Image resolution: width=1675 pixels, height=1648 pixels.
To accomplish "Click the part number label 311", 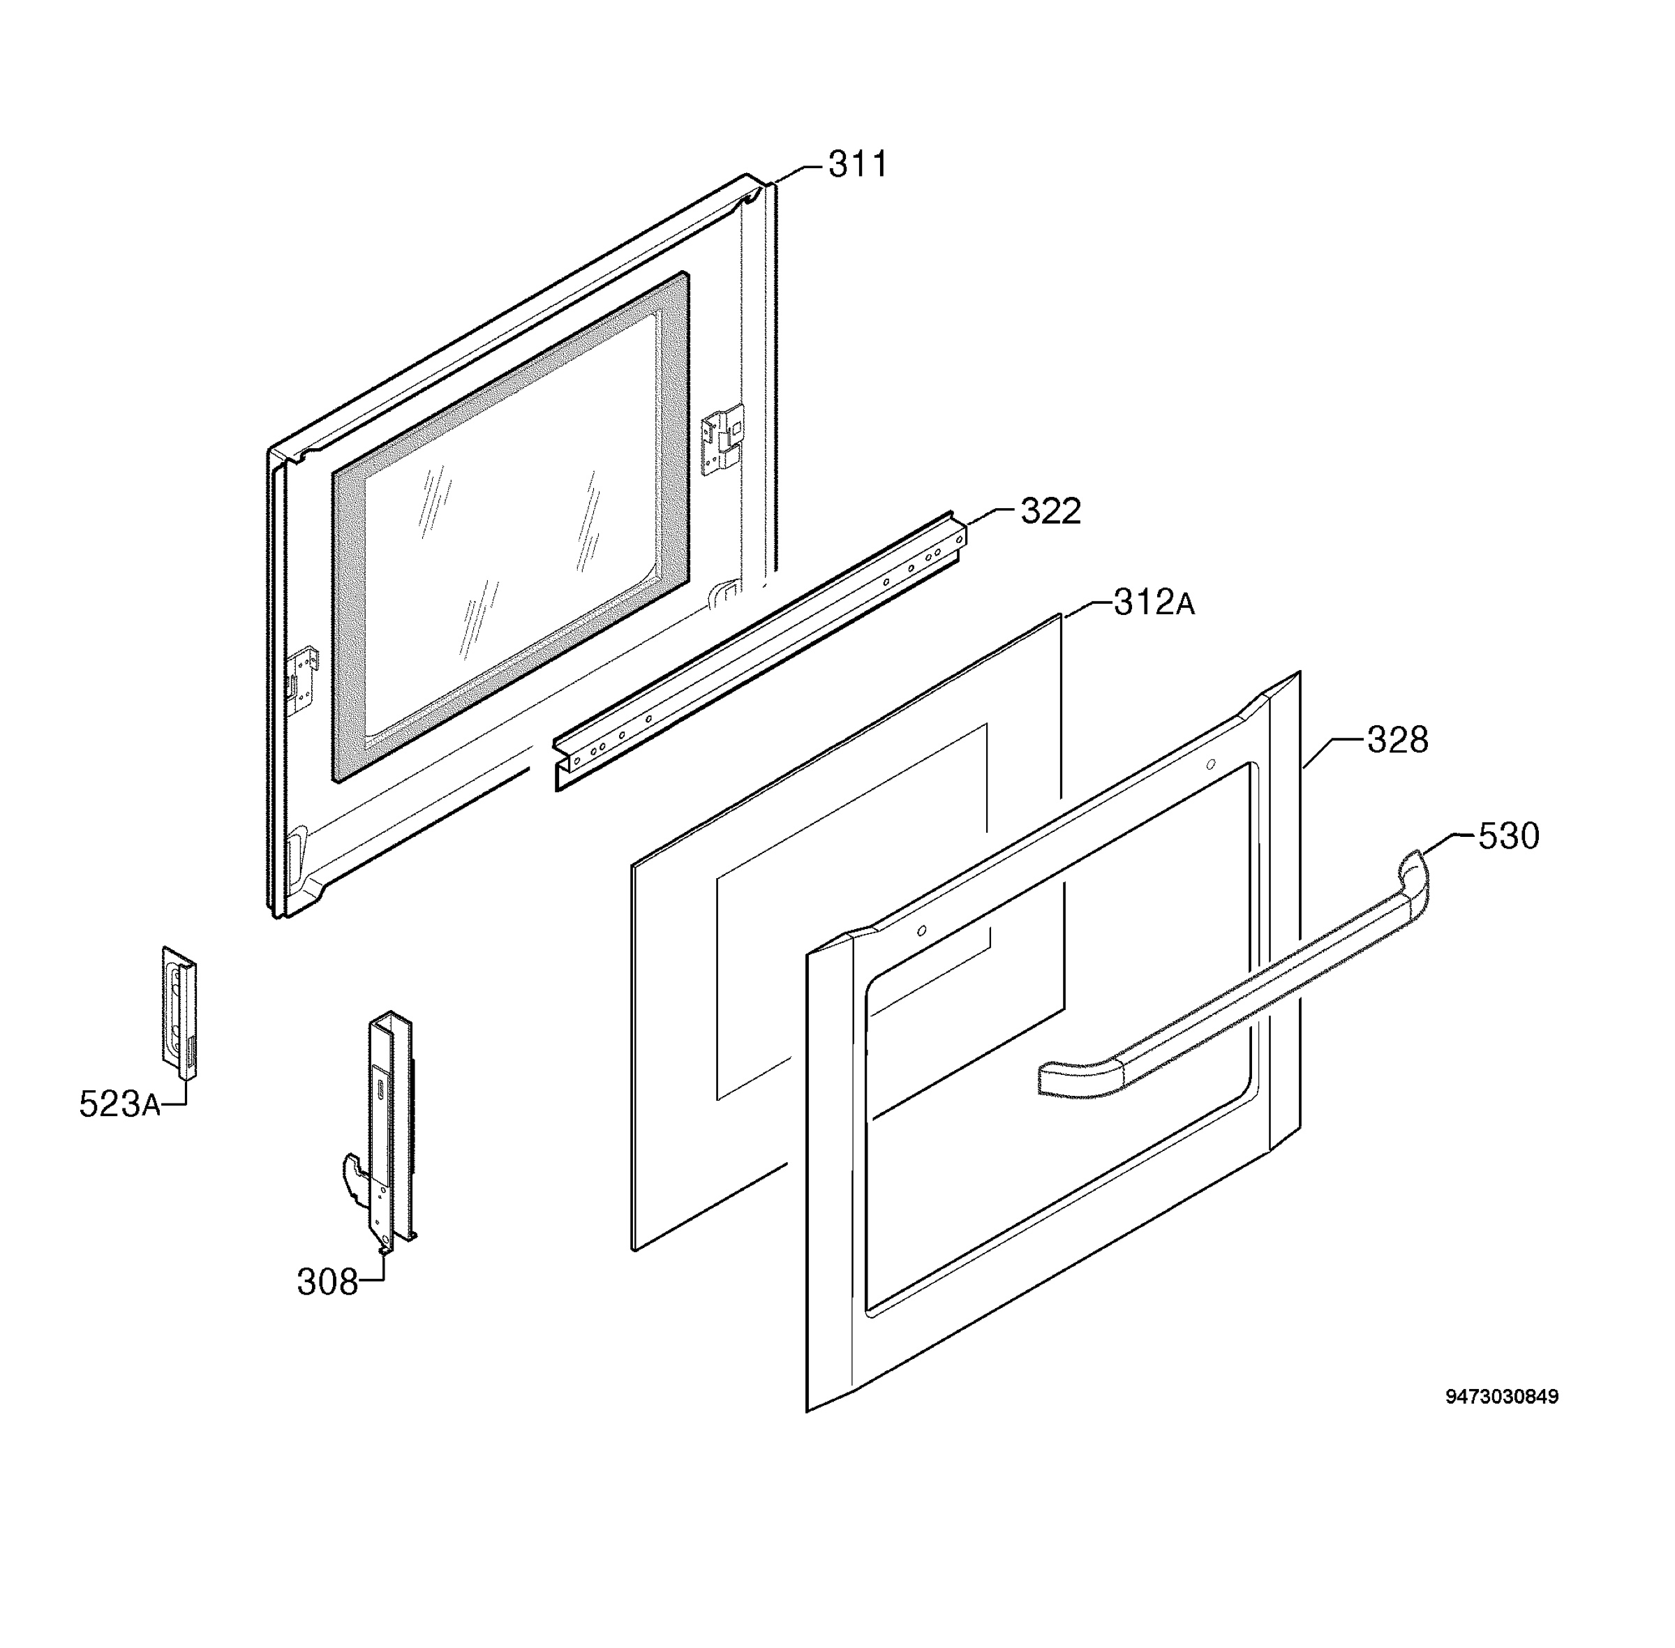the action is pyautogui.click(x=857, y=165).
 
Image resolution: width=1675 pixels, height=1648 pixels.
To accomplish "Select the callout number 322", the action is pyautogui.click(x=1050, y=512).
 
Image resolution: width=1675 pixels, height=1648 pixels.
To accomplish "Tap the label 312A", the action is pyautogui.click(x=1153, y=603).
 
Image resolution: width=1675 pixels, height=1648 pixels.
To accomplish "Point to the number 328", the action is pyautogui.click(x=1397, y=740).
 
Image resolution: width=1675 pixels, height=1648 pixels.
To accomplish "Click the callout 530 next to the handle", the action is pyautogui.click(x=1509, y=836).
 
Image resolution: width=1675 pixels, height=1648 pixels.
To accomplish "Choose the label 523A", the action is pyautogui.click(x=119, y=1104).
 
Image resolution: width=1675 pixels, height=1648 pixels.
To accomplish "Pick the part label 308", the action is pyautogui.click(x=327, y=1282).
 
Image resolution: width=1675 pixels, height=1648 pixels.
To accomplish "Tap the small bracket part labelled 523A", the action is pyautogui.click(x=179, y=1013).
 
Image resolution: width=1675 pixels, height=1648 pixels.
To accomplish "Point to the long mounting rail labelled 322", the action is pyautogui.click(x=759, y=651).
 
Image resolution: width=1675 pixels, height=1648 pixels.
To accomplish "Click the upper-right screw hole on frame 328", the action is pyautogui.click(x=1210, y=764).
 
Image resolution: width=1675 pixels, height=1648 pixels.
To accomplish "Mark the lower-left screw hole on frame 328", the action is pyautogui.click(x=922, y=930).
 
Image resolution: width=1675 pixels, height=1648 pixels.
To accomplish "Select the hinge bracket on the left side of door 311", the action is pyautogui.click(x=302, y=679).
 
